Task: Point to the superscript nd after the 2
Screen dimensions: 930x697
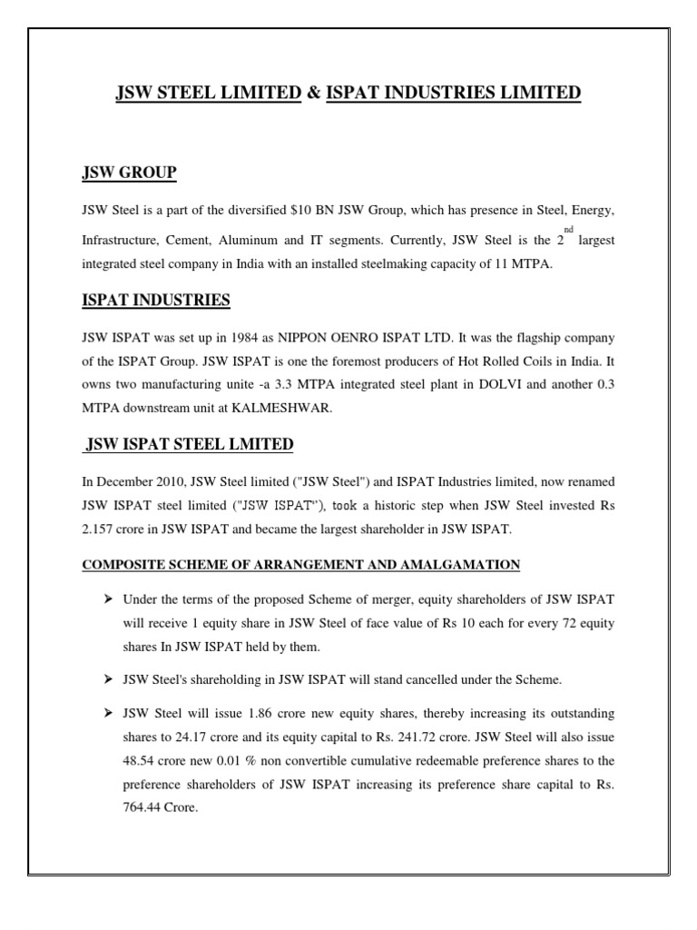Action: pyautogui.click(x=569, y=231)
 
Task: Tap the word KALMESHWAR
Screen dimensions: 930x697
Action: pyautogui.click(x=288, y=408)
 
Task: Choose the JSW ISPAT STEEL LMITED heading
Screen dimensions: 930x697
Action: pyautogui.click(x=189, y=444)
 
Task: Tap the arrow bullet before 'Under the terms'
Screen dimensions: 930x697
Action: pyautogui.click(x=107, y=599)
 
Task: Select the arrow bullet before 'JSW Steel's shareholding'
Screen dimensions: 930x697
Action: pyautogui.click(x=107, y=678)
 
